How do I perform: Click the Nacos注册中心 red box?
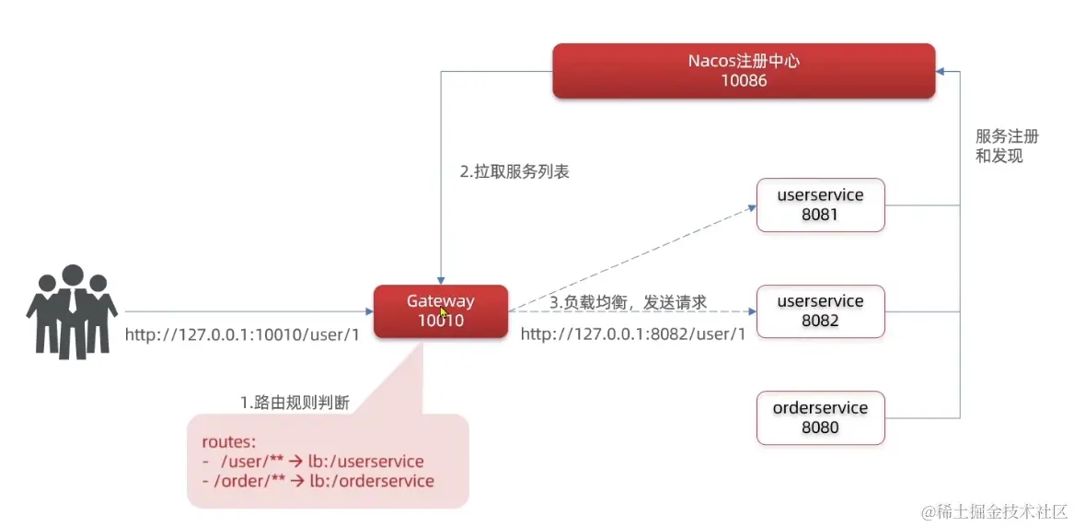(743, 70)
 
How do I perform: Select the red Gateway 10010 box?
(441, 311)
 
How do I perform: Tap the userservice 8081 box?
(820, 205)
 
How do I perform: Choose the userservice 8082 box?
(820, 311)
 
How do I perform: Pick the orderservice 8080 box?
(820, 417)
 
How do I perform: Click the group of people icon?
(72, 311)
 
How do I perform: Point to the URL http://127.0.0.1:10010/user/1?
(241, 334)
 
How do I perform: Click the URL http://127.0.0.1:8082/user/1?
(632, 334)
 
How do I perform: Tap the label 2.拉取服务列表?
(514, 172)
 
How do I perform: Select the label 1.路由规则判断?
(294, 403)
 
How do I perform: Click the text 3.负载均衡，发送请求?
(628, 301)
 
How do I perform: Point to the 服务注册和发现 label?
(1006, 146)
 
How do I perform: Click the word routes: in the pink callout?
(228, 441)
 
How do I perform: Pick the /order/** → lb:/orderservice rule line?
(318, 481)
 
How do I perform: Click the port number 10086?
(744, 81)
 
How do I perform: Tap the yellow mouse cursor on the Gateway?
(444, 313)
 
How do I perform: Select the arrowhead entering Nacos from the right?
(941, 71)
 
